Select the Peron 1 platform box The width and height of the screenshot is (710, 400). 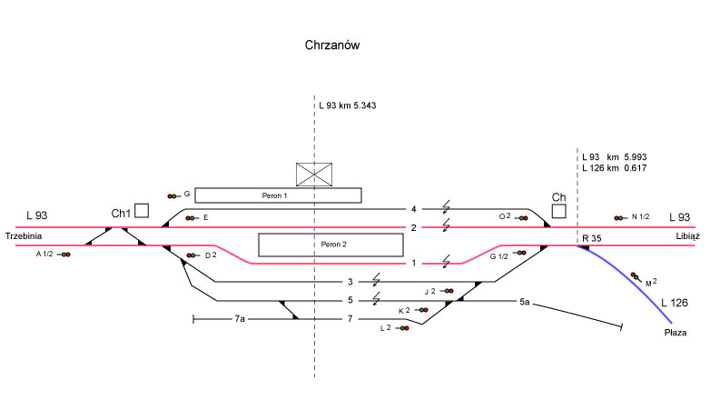[278, 195]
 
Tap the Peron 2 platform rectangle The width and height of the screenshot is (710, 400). [330, 245]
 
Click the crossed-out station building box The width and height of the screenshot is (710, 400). [314, 175]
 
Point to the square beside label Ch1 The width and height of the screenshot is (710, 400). [142, 211]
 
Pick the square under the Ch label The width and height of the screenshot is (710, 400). [559, 211]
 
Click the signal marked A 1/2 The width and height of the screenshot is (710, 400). [65, 255]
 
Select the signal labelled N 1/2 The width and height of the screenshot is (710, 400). [619, 218]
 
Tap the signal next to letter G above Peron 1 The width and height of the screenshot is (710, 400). [172, 195]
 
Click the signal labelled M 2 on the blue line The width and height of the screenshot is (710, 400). [635, 276]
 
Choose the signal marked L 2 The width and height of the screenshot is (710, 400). [401, 328]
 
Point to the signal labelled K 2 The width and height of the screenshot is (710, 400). [420, 310]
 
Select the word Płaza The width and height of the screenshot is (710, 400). [676, 334]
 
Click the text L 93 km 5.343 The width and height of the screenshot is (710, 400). [348, 105]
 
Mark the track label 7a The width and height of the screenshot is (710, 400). [240, 319]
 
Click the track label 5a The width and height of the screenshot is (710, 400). [525, 301]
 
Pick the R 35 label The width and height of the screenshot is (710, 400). [592, 238]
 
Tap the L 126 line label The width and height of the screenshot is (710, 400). [675, 302]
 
